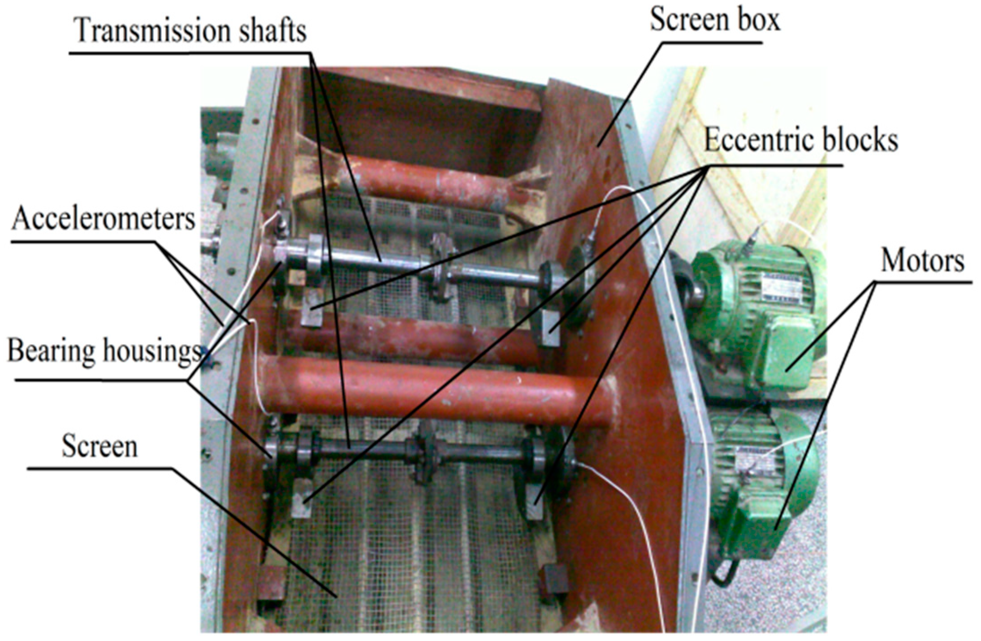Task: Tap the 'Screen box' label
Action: tap(715, 20)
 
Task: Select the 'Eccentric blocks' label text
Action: tap(801, 140)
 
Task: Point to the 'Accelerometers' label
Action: tap(104, 219)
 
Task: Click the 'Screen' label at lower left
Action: tap(99, 446)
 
